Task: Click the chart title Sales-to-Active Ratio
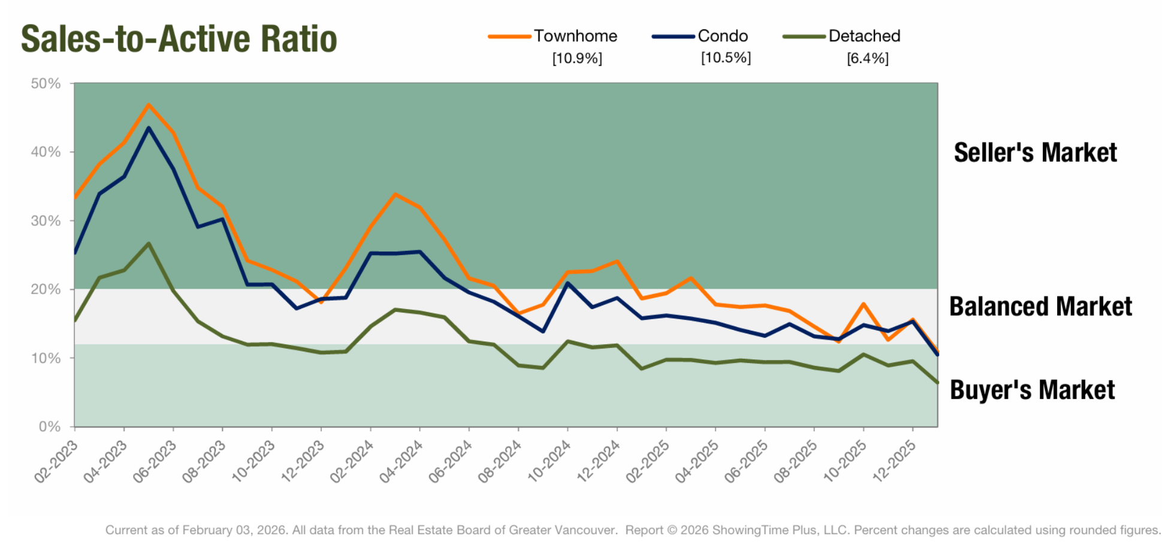[179, 39]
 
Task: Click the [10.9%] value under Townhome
[577, 58]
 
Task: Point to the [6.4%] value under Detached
[867, 58]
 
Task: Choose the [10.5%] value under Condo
[726, 57]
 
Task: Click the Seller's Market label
[1035, 152]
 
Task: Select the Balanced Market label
[1040, 306]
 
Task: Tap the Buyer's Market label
[1032, 390]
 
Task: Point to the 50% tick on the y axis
[46, 83]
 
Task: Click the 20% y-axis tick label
[46, 289]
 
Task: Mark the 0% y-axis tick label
[49, 426]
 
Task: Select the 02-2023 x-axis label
[56, 461]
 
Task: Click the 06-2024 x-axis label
[450, 461]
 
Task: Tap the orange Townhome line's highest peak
[149, 105]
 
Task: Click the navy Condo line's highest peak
[149, 128]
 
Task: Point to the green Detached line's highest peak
[149, 243]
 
